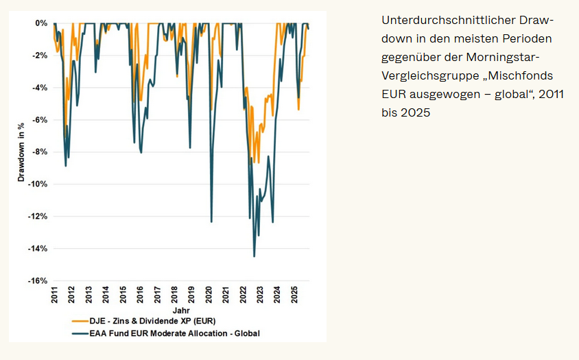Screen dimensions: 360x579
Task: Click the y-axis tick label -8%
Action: pyautogui.click(x=38, y=152)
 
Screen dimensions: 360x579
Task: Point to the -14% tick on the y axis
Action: pyautogui.click(x=38, y=248)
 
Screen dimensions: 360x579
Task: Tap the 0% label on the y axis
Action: pyautogui.click(x=42, y=23)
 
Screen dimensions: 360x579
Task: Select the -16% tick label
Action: pyautogui.click(x=38, y=280)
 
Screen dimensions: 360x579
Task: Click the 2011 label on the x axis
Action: pyautogui.click(x=55, y=295)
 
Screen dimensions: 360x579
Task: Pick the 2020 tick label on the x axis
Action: pyautogui.click(x=209, y=295)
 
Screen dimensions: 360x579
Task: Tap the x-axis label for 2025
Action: pyautogui.click(x=294, y=295)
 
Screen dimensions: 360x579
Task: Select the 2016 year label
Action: pyautogui.click(x=140, y=295)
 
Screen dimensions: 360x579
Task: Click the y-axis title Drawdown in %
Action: pyautogui.click(x=21, y=152)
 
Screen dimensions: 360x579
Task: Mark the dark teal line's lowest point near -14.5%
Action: pyautogui.click(x=254, y=256)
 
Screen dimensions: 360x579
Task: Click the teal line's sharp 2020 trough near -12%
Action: pyautogui.click(x=211, y=221)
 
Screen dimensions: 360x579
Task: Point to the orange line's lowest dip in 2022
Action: pyautogui.click(x=258, y=163)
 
